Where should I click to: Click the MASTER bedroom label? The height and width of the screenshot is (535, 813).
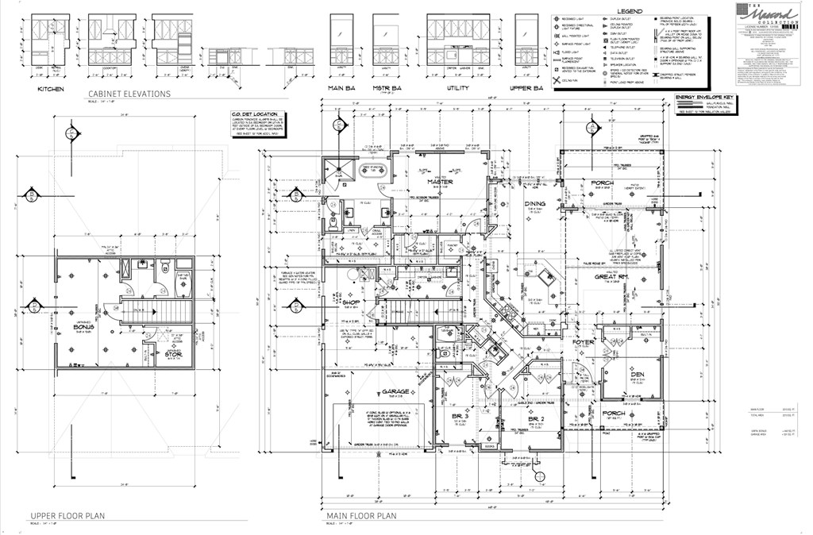tap(440, 182)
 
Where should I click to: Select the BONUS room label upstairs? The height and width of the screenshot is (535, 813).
tap(85, 327)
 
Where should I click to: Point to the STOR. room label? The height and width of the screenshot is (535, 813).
tap(173, 354)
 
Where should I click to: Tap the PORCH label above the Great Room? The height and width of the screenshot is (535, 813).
tap(602, 183)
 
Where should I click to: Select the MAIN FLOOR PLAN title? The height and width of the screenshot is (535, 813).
tap(361, 516)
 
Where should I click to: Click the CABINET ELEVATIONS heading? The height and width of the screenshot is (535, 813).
tap(129, 93)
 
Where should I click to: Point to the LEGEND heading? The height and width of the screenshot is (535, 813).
tap(641, 10)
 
